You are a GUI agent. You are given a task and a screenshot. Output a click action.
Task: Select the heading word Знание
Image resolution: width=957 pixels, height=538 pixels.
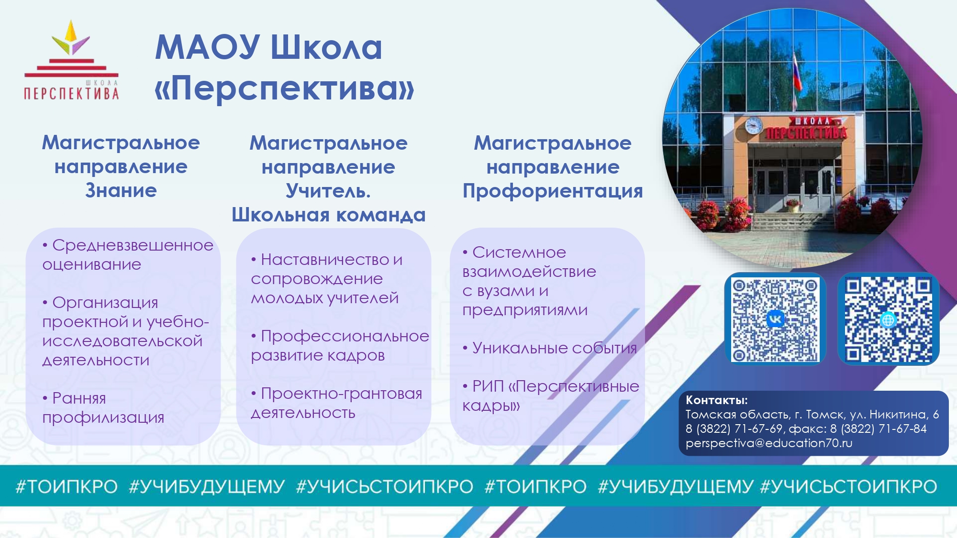click(121, 190)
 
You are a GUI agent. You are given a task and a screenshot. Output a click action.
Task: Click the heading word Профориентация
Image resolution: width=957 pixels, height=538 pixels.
click(553, 191)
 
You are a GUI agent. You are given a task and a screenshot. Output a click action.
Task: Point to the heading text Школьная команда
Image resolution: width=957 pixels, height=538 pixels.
click(329, 215)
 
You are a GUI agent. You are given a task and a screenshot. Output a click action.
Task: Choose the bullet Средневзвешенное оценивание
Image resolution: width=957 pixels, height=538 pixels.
click(128, 254)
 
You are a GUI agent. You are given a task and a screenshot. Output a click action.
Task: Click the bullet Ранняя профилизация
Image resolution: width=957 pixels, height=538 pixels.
click(103, 407)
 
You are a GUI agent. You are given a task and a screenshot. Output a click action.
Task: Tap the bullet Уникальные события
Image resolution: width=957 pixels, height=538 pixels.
click(550, 348)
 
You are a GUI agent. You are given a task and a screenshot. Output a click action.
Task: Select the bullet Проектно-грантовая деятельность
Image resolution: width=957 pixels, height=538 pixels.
click(336, 403)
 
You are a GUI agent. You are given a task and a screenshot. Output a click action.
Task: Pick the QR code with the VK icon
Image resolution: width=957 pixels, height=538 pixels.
click(775, 319)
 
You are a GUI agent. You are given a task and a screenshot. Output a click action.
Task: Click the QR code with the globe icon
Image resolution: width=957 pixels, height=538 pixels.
click(888, 319)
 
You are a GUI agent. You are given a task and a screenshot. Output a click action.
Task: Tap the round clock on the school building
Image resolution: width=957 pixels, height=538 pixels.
click(754, 125)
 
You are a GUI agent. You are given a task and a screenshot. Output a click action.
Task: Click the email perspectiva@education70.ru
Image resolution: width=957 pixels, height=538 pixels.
click(769, 443)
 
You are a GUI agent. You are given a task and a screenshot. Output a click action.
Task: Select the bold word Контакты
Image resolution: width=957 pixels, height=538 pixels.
click(716, 400)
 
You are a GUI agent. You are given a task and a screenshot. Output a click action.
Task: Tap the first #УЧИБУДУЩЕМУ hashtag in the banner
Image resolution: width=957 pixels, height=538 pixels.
click(207, 486)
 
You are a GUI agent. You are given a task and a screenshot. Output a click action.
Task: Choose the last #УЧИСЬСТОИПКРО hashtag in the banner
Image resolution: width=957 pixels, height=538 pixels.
click(848, 486)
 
